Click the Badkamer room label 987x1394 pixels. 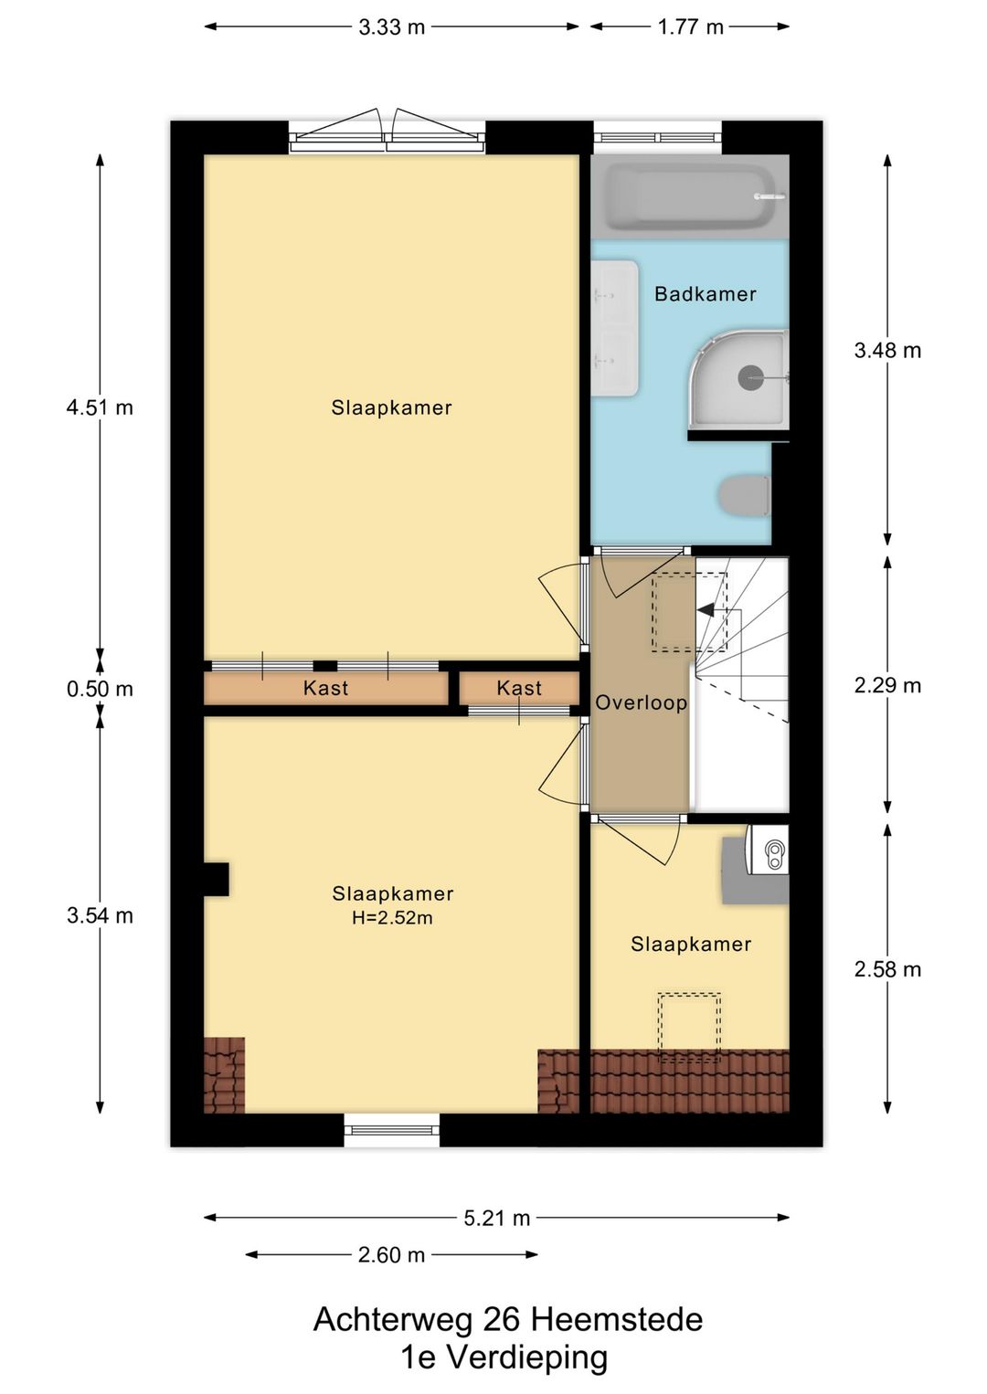click(x=705, y=294)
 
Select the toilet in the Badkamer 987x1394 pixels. click(x=746, y=496)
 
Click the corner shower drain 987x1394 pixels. click(x=750, y=377)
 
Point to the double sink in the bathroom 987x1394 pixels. click(x=615, y=329)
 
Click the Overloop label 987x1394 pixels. click(x=641, y=702)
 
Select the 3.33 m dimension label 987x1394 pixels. click(x=392, y=27)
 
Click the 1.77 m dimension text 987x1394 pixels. click(x=691, y=27)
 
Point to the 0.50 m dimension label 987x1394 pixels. click(x=100, y=689)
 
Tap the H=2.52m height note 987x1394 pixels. click(x=392, y=918)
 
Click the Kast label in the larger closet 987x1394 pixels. click(x=325, y=688)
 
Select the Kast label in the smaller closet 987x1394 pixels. click(x=519, y=688)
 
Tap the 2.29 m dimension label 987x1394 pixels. click(x=887, y=685)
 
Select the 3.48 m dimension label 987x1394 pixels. click(x=887, y=351)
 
